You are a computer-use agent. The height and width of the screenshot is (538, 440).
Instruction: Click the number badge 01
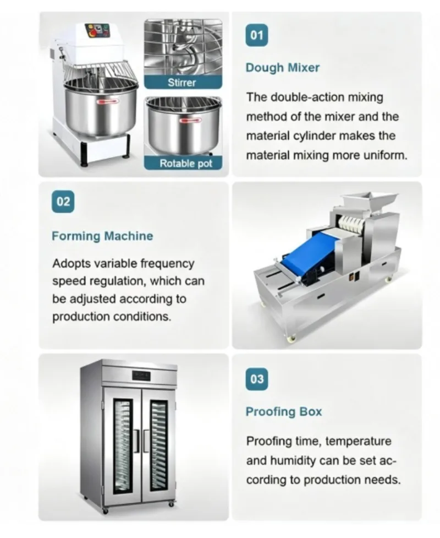tap(257, 35)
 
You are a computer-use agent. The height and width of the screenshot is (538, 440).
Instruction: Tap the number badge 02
tap(63, 202)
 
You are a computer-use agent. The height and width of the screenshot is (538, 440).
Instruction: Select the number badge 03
tap(257, 379)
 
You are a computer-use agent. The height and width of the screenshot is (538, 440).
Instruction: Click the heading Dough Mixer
tap(282, 68)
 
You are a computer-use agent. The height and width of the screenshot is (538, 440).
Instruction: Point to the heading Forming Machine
tap(102, 236)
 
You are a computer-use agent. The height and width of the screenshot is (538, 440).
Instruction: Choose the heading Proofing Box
tap(284, 412)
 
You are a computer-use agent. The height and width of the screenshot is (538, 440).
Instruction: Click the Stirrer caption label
tap(183, 83)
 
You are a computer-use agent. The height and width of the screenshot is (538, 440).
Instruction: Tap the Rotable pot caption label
tap(183, 164)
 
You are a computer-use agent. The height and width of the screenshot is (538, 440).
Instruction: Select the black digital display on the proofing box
tap(141, 376)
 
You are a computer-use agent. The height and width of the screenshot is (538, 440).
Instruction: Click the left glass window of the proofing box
tap(123, 446)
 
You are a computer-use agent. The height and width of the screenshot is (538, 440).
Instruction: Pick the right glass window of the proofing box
tap(158, 446)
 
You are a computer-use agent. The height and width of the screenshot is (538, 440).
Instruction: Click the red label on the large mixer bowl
tap(107, 101)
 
